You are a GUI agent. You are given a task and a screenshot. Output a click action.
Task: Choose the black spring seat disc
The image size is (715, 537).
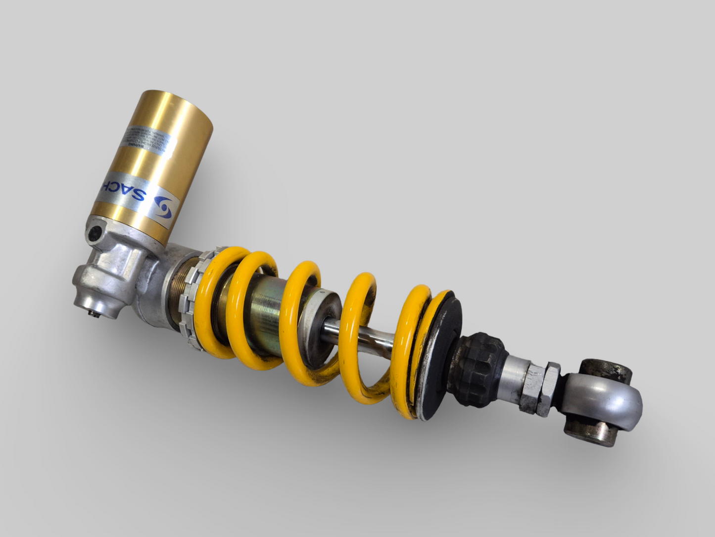[443, 357]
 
